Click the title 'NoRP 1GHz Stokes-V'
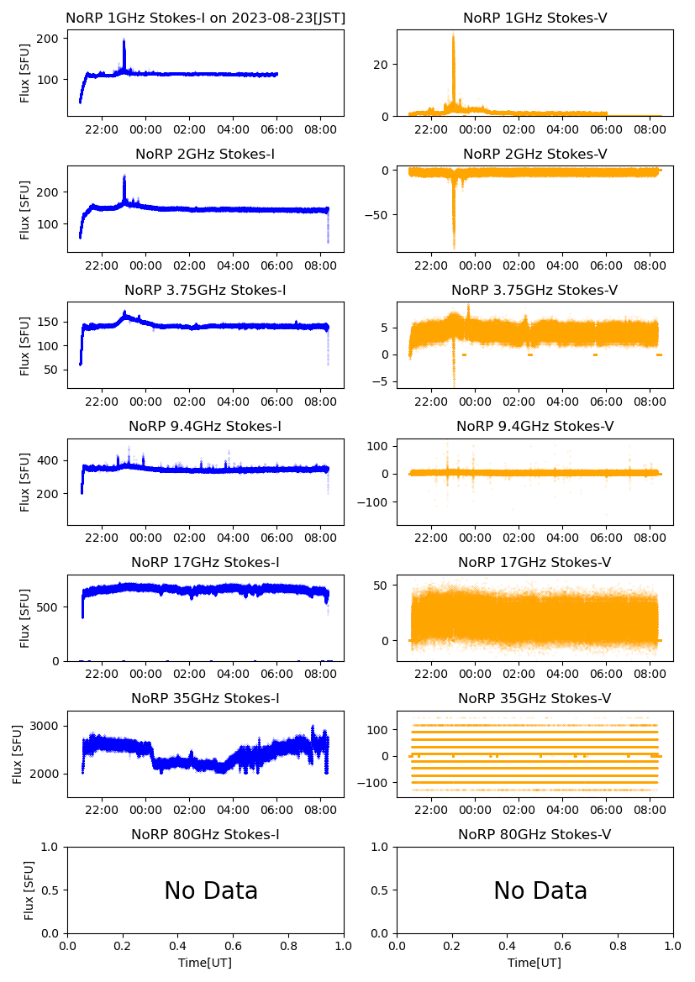[535, 18]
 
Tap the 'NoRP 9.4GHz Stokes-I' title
[205, 427]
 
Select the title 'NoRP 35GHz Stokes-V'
[534, 699]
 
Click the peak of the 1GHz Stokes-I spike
[124, 39]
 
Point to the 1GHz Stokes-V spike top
[453, 35]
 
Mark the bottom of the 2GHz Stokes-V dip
[454, 248]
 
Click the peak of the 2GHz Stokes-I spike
[124, 176]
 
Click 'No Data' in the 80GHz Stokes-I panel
[211, 891]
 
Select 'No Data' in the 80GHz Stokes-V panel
[540, 891]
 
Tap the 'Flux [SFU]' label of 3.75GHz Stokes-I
[25, 345]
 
